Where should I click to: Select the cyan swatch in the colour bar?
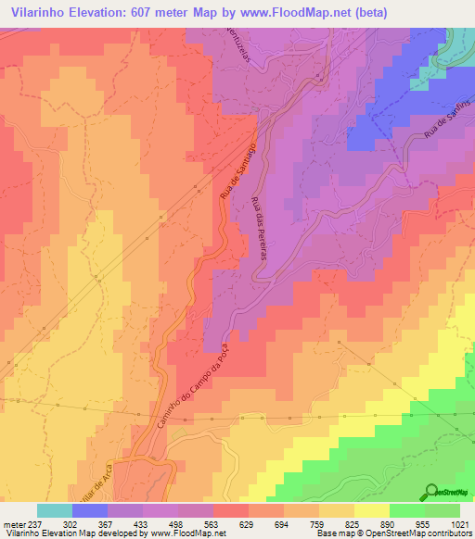click(x=55, y=510)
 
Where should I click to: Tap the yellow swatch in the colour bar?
click(x=371, y=510)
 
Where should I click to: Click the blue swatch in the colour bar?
click(x=90, y=510)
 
